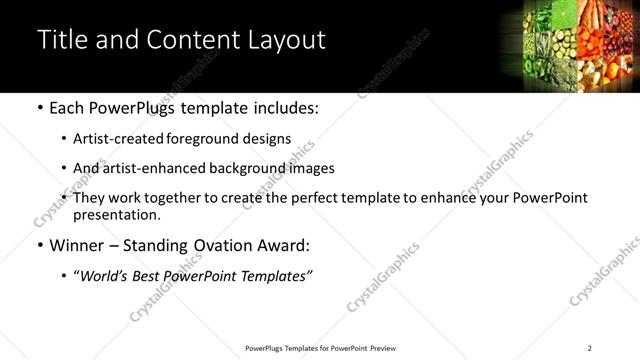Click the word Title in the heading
[62, 40]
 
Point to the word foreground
[196, 139]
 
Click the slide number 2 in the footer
[590, 347]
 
